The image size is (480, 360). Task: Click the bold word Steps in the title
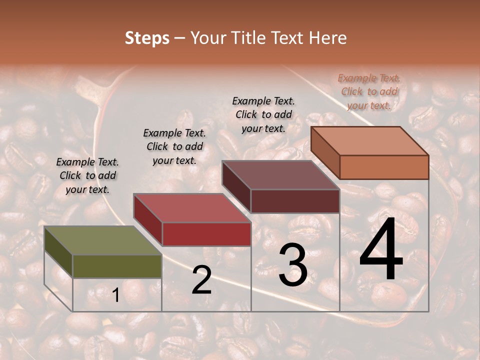147,38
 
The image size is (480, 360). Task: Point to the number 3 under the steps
292,264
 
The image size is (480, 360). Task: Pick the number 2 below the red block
202,280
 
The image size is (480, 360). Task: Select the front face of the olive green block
117,266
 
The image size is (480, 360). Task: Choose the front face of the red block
206,234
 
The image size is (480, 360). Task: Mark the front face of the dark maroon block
295,201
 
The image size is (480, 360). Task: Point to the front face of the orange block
384,167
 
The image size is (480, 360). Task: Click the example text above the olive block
87,175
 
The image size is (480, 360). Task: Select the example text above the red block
174,146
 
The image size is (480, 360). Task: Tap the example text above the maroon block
263,114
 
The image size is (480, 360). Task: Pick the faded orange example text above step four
369,91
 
